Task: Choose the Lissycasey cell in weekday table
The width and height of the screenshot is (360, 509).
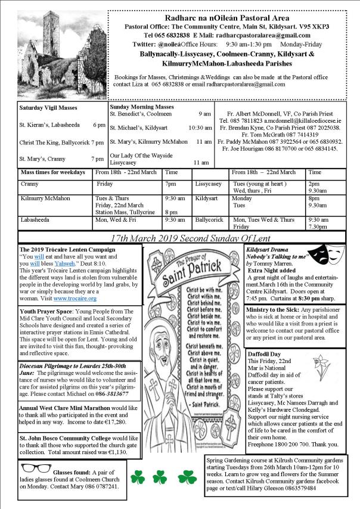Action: coord(208,184)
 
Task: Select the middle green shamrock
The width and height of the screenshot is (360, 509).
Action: coord(159,476)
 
